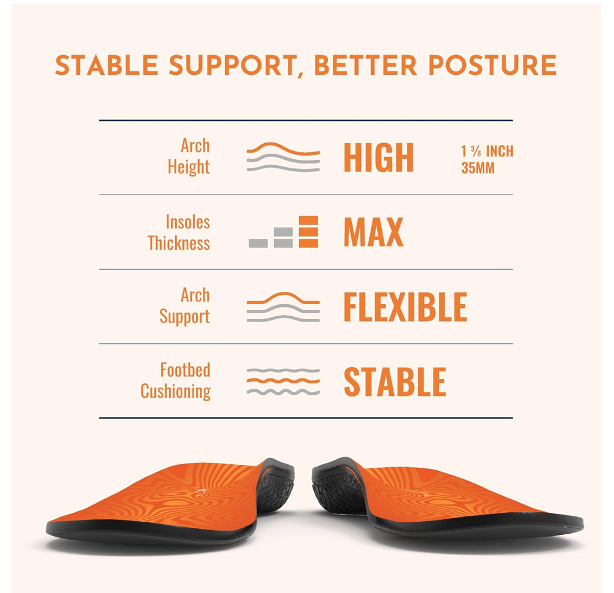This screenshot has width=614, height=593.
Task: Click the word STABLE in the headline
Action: [107, 65]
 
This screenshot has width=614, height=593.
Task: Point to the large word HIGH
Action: [379, 158]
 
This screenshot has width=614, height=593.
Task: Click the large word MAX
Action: [374, 232]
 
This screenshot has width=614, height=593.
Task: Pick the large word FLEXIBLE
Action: [405, 307]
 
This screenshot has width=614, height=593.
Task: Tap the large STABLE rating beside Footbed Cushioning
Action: [395, 382]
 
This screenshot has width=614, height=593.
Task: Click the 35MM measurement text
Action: [478, 168]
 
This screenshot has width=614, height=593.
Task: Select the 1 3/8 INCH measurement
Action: [487, 151]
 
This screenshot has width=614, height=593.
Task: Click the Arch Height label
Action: [189, 156]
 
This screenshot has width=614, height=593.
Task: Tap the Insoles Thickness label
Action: [179, 232]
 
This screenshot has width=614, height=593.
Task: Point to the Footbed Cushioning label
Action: [176, 381]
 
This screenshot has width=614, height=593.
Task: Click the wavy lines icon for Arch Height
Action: [283, 157]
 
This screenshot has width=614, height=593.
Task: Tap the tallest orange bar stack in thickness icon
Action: [308, 232]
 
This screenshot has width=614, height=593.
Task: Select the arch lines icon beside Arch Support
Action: [283, 307]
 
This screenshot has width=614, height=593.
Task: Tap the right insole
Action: [446, 502]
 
